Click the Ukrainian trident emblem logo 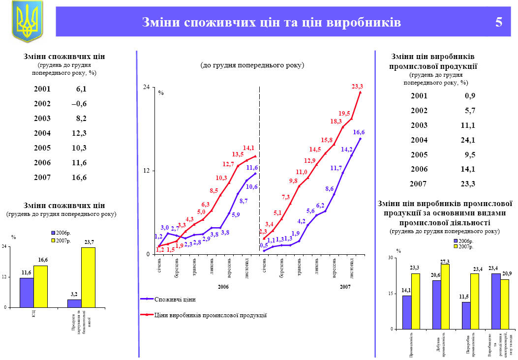tap(27, 21)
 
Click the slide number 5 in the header tap(499, 23)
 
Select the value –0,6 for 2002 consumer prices tap(79, 104)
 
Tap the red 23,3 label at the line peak tap(357, 87)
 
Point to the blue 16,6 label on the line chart tap(359, 132)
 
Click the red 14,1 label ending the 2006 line tap(248, 148)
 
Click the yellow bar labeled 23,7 tap(88, 277)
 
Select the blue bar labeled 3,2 tap(74, 303)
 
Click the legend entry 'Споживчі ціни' tap(175, 299)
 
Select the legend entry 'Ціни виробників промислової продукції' tap(210, 315)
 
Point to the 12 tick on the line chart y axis tap(147, 171)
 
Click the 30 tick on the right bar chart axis tap(391, 258)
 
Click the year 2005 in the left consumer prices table tap(42, 148)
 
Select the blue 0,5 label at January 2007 tap(264, 245)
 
